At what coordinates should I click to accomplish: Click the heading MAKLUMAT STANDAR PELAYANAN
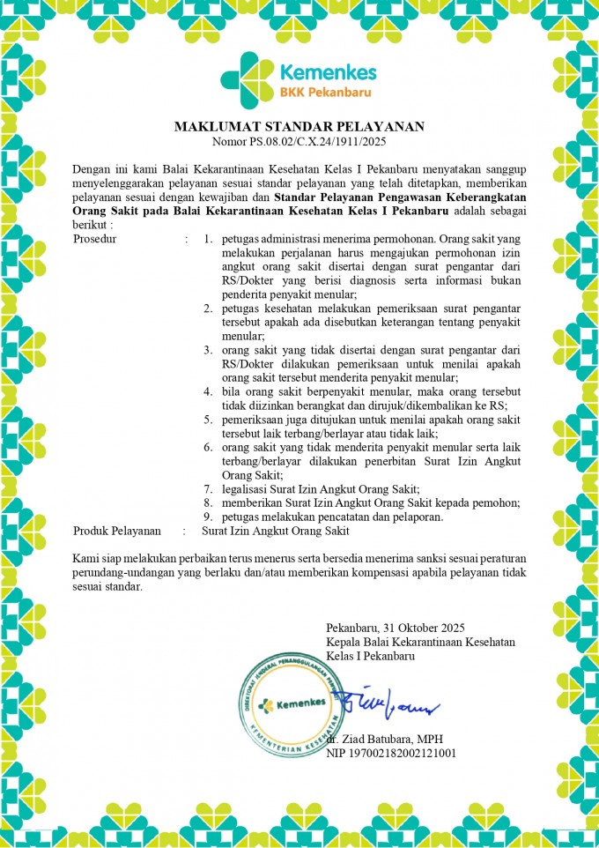click(299, 127)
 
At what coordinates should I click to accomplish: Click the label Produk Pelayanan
click(117, 531)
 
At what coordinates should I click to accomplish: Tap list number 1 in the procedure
click(208, 239)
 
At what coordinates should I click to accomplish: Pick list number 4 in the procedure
click(208, 391)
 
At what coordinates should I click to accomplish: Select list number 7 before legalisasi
click(208, 489)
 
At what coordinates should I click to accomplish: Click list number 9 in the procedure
click(208, 517)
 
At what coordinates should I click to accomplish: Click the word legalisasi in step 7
click(248, 489)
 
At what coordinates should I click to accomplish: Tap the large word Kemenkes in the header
click(328, 71)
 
